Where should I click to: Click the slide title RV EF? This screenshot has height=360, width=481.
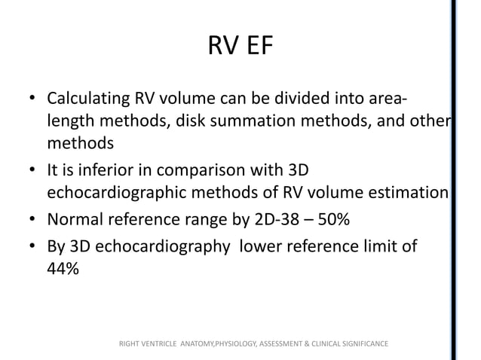240,50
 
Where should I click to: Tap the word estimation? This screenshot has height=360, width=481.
408,193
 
